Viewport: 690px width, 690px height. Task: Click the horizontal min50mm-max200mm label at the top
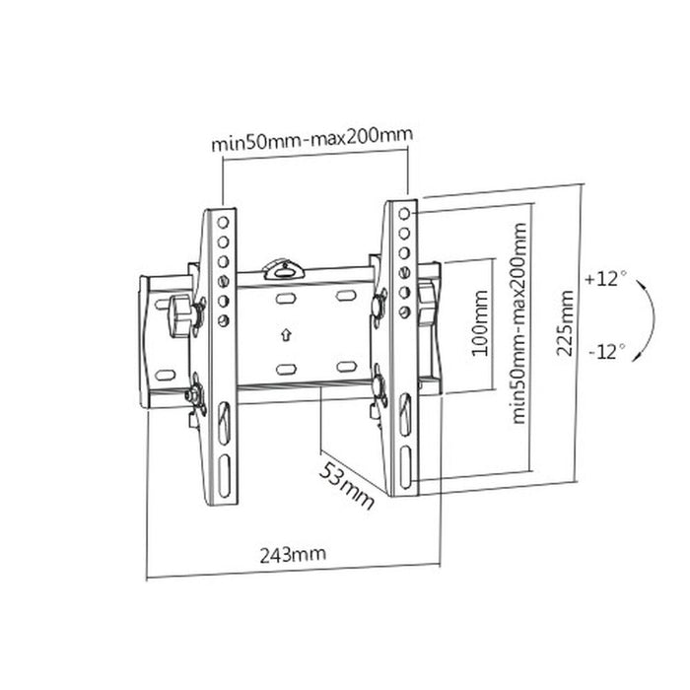[x=311, y=140]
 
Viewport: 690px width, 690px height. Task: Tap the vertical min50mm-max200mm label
[x=519, y=321]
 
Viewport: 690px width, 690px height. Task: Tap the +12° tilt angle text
[x=604, y=279]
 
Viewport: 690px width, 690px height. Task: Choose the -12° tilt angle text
[x=604, y=349]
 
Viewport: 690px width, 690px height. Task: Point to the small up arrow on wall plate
[x=286, y=334]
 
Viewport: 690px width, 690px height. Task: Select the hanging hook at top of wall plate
[x=283, y=266]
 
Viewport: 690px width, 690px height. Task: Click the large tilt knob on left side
[x=180, y=313]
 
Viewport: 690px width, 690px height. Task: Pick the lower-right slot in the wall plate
[x=345, y=367]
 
